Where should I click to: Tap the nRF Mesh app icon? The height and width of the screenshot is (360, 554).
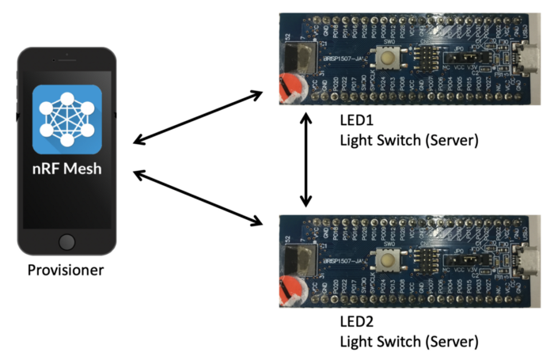[x=67, y=119]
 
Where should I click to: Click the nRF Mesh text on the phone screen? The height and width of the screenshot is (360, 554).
[x=67, y=169]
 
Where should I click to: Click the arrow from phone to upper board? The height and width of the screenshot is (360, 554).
[x=198, y=118]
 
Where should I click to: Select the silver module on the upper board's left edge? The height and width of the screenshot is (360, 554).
[x=297, y=58]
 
